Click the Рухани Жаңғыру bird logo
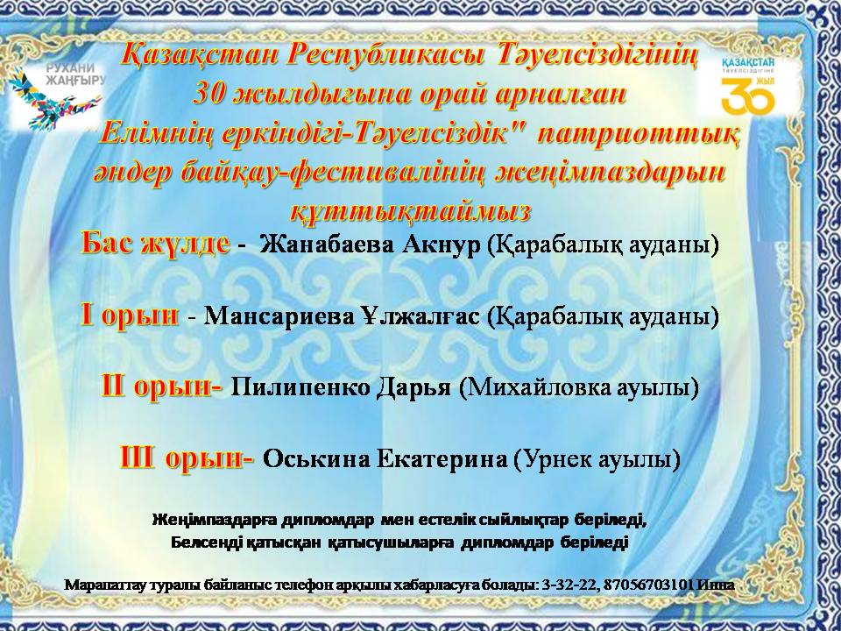pyautogui.click(x=55, y=97)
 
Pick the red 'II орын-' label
pyautogui.click(x=162, y=386)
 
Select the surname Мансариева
pyautogui.click(x=279, y=316)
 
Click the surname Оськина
pyautogui.click(x=307, y=458)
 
